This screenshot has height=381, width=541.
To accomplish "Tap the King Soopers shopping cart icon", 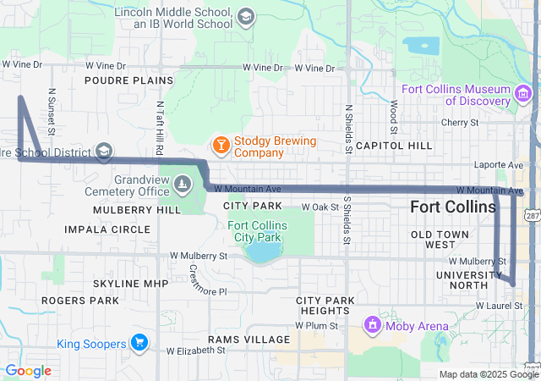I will pyautogui.click(x=139, y=343).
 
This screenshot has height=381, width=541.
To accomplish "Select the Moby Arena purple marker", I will pyautogui.click(x=372, y=324).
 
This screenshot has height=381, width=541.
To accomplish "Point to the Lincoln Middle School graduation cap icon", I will pyautogui.click(x=245, y=18).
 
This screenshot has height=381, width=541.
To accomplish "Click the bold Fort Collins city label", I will pyautogui.click(x=453, y=207).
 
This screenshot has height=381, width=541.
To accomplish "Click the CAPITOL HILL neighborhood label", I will pyautogui.click(x=394, y=146).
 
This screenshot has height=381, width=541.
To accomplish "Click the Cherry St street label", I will pyautogui.click(x=461, y=122).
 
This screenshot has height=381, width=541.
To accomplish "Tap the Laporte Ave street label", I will pyautogui.click(x=504, y=164).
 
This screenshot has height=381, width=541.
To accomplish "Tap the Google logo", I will pyautogui.click(x=27, y=370).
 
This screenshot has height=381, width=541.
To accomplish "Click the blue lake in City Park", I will pyautogui.click(x=264, y=253).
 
